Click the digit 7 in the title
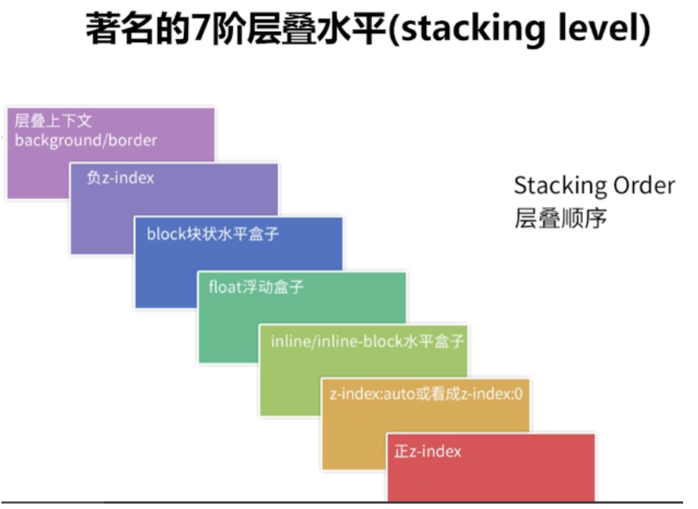coord(201,28)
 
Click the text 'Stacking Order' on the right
coord(595,185)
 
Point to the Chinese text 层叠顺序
coord(561,218)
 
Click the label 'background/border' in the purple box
coord(86,141)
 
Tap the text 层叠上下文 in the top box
coord(53,120)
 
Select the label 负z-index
coord(120,178)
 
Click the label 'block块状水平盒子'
coord(212,234)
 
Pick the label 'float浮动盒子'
coord(256,287)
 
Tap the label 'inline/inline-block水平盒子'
coord(367,342)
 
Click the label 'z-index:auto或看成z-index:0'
coord(426,394)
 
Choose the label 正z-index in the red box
coord(427,451)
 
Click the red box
coord(491,468)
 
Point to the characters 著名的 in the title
coord(138,28)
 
